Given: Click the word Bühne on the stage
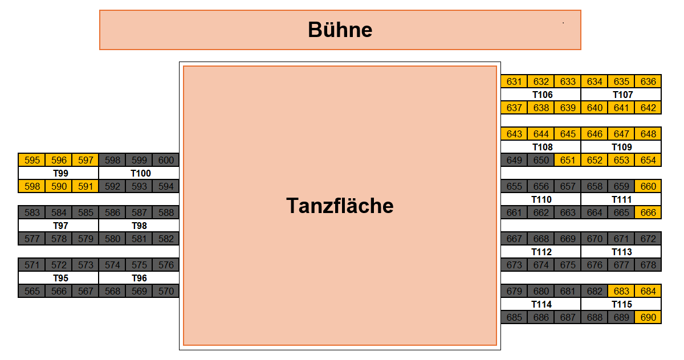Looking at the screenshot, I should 340,30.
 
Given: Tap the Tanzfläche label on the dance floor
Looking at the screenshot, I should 340,205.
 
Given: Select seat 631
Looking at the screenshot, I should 514,81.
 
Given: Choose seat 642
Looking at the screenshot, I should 648,108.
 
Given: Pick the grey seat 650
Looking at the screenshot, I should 541,160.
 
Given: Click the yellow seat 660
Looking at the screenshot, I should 648,186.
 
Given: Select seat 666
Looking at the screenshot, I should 648,212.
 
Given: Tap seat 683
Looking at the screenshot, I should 621,291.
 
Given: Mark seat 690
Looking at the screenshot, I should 648,317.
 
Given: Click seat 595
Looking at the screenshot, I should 32,160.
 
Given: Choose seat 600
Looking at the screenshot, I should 166,160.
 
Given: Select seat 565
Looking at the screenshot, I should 32,291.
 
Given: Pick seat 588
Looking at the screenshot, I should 166,212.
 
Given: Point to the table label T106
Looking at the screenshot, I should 542,95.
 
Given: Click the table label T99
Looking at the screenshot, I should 60,173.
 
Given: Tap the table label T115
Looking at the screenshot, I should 622,304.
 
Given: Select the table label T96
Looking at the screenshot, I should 139,278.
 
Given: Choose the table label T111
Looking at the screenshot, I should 622,199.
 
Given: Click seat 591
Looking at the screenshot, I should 85,186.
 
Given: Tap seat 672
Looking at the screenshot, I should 648,239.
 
